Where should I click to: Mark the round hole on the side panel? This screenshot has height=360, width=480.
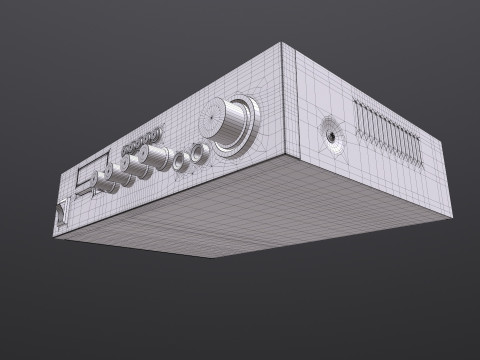point(328,138)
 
